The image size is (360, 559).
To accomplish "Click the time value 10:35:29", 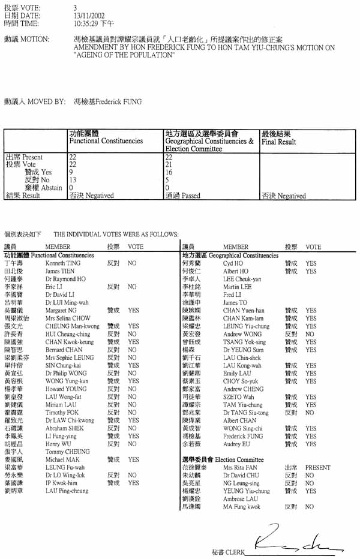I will pyautogui.click(x=85, y=24).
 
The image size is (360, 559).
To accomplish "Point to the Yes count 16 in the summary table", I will pyautogui.click(x=169, y=172).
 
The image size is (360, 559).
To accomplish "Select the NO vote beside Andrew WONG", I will pyautogui.click(x=310, y=333).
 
